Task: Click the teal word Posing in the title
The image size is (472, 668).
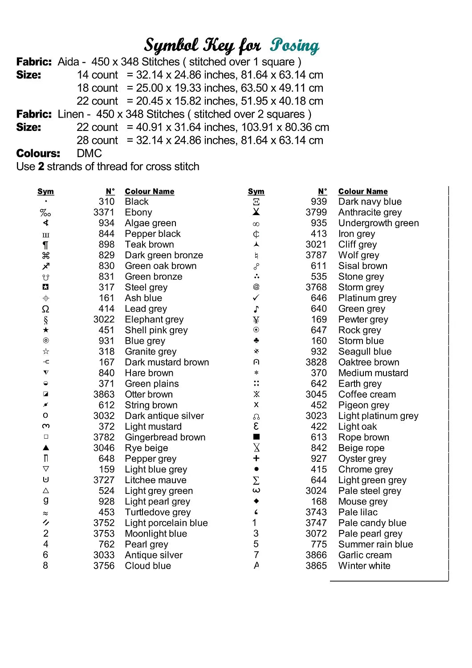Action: pos(294,45)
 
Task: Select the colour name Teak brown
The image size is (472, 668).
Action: pos(149,244)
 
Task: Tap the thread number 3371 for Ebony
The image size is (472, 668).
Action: pos(104,212)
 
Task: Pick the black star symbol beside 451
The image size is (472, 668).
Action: pos(46,330)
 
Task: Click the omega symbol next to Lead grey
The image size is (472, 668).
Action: pos(45,309)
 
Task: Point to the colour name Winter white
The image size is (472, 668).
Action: pos(364,566)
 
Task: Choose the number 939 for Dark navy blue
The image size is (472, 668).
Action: pos(319,202)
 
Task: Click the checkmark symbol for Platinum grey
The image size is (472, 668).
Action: pos(256,297)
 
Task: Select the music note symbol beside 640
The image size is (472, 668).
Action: pos(256,309)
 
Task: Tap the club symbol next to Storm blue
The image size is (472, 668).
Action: pos(256,341)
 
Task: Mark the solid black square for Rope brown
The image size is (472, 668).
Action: pos(256,437)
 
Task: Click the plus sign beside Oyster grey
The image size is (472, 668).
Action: pos(256,458)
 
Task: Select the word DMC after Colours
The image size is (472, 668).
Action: pos(90,154)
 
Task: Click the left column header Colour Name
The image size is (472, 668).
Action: pos(150,191)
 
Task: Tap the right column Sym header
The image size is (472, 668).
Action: pos(256,191)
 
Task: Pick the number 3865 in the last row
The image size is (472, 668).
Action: pos(316,566)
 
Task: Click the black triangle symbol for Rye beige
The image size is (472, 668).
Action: pos(46,448)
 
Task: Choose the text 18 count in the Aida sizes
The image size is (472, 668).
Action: pos(98,88)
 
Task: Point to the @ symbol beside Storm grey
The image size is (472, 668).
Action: pos(256,287)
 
